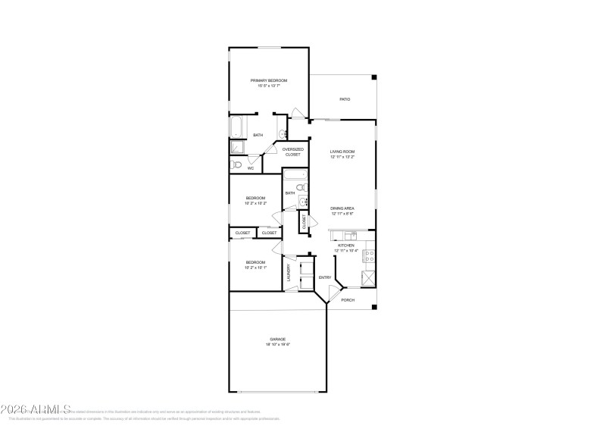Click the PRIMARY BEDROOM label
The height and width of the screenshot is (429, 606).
coord(269,80)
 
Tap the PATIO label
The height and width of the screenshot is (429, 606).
coord(345,99)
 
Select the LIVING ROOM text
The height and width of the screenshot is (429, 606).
coord(342,152)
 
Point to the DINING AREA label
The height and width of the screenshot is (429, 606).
coord(342,208)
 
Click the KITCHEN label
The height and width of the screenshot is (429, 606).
coord(345,246)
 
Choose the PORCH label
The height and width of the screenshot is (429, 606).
coord(348,300)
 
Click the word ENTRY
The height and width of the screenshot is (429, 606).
coord(324,277)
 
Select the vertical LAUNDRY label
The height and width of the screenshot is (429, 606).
coord(289,272)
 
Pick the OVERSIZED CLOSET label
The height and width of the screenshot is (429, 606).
coord(292,152)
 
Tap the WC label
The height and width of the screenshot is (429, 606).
coord(250,168)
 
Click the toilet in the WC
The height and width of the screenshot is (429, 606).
coord(236,164)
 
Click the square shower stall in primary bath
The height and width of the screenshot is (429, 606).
coord(236,148)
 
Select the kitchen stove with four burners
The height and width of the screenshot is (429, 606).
coord(369,257)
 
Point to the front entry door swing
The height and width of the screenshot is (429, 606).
coord(334,290)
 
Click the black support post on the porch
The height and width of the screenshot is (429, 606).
coord(373,306)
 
